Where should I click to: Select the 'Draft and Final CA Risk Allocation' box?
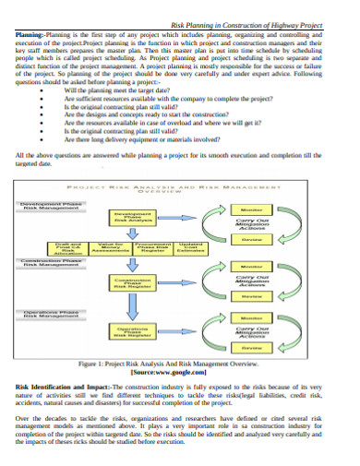pos(40,248)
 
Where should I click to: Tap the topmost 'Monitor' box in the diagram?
pos(251,209)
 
